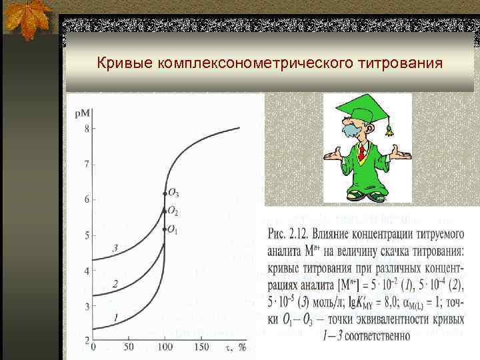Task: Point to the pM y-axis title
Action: coord(83,114)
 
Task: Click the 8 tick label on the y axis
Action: coord(86,129)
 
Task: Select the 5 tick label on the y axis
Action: coord(86,235)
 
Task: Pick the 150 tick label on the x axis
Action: coord(200,348)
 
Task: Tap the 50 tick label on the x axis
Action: coord(129,348)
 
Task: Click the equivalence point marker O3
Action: coord(165,193)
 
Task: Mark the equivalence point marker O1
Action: coord(165,229)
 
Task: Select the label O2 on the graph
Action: coord(173,211)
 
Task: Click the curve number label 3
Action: coord(115,249)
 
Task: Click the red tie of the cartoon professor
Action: coord(361,153)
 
